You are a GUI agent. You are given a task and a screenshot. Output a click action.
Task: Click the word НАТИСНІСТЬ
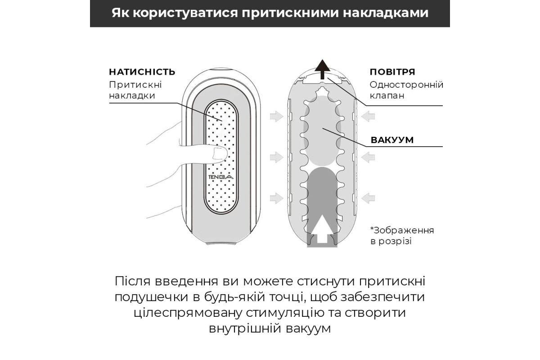pos(142,72)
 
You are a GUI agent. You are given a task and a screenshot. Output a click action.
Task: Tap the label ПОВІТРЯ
pos(392,72)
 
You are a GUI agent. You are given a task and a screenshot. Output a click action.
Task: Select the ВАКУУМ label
pos(392,140)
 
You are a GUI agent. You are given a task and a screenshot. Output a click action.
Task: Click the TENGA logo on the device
pos(221,177)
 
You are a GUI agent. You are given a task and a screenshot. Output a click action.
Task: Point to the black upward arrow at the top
pos(323,69)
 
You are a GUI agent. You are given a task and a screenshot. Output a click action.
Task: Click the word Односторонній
pos(406,85)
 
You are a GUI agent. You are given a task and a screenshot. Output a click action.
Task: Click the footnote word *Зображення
pos(402,230)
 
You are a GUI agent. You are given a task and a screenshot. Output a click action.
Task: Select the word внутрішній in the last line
pos(244,328)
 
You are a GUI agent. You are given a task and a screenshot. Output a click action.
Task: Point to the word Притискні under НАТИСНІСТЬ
pos(135,85)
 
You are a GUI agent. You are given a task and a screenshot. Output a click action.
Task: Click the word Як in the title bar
pos(120,13)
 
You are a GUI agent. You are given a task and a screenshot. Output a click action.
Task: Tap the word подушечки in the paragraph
pos(151,297)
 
